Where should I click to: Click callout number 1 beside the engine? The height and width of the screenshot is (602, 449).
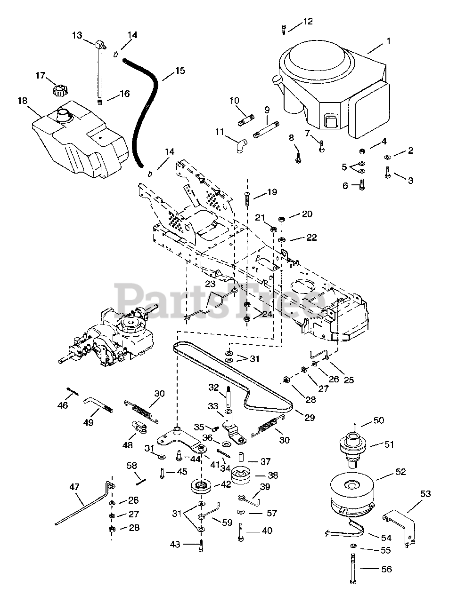(x=388, y=41)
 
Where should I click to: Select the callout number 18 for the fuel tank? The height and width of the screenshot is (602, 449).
(x=23, y=101)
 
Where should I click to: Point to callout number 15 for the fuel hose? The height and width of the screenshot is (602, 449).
(x=180, y=71)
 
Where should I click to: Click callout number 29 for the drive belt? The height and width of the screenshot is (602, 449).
(x=309, y=417)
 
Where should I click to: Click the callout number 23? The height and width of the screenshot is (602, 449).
(x=210, y=284)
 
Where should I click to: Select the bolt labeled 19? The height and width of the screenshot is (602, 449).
(x=247, y=200)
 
